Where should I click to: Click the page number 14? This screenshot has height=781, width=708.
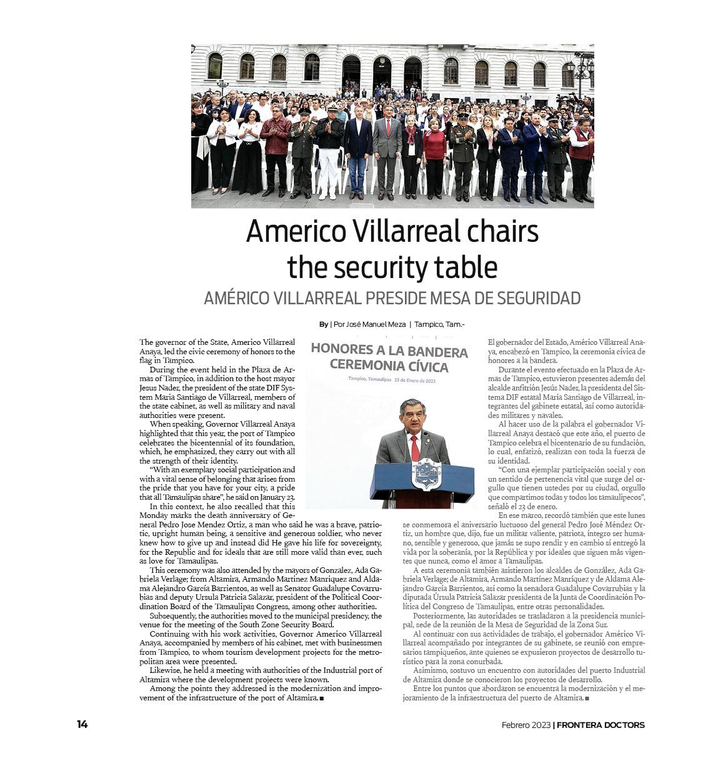pos(82,725)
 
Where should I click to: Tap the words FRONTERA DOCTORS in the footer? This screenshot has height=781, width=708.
pos(601,725)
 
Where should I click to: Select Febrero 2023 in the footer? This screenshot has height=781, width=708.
pos(526,725)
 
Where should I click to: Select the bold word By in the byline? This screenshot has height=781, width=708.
pos(323,324)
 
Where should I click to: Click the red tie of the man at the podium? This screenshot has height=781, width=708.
pos(414,448)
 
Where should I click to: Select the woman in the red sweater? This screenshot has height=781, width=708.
pos(434,156)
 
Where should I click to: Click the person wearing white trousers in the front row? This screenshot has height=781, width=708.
pos(329,156)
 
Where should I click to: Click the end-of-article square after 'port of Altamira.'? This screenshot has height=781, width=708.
pos(322,698)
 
